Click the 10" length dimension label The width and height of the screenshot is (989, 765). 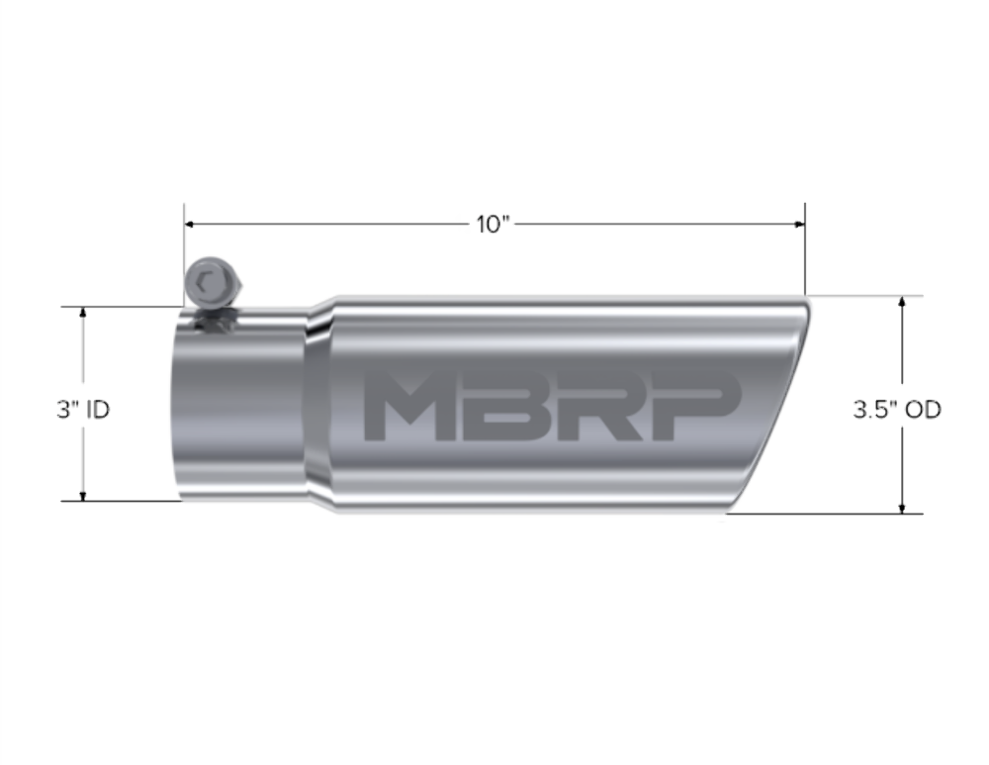(x=492, y=225)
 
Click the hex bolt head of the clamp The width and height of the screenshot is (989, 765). (x=210, y=281)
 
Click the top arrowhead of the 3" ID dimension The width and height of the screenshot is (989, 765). (x=83, y=313)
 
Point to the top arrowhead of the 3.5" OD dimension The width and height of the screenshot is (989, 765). (x=902, y=301)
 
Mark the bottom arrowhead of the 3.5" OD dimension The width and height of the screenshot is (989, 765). (x=902, y=508)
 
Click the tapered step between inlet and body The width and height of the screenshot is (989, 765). (x=316, y=406)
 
